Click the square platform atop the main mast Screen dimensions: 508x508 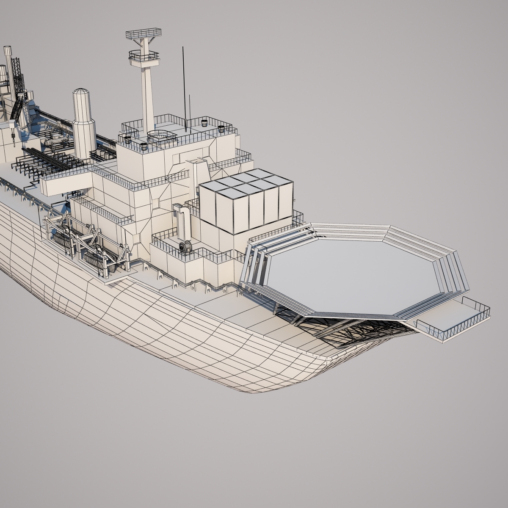[144, 33]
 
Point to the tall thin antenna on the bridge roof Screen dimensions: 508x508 [184, 85]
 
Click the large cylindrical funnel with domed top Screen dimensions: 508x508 [83, 123]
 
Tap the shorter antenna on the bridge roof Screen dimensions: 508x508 [189, 108]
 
